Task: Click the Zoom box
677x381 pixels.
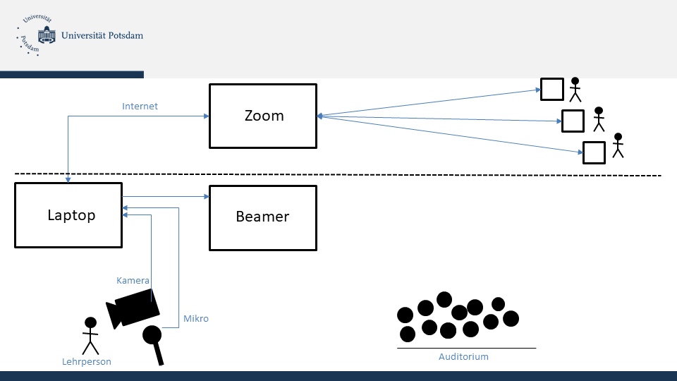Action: [263, 116]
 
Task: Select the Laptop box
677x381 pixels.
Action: [68, 215]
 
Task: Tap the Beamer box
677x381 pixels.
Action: [263, 217]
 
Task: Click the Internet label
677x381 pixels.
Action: [140, 107]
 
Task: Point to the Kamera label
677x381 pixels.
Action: [133, 281]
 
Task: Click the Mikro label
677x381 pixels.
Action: [196, 319]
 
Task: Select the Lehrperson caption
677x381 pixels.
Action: [87, 362]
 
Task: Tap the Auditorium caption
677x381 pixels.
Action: [463, 357]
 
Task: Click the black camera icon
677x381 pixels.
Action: [133, 308]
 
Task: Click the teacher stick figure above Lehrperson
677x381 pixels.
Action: [90, 335]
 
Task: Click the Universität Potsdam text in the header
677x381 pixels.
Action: [103, 35]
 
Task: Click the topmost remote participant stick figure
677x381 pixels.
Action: [575, 89]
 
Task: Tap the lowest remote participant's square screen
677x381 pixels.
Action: [593, 152]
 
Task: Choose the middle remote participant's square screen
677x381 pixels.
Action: [573, 121]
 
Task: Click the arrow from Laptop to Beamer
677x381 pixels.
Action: [166, 197]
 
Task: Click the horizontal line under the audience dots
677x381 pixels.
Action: [466, 348]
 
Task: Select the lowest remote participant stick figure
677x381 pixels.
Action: [618, 145]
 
